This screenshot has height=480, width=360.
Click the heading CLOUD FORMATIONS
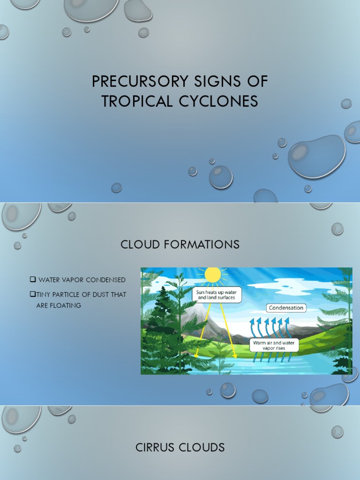coord(180,244)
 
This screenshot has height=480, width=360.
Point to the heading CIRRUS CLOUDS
coord(180,448)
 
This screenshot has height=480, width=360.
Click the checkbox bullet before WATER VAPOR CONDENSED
coord(33,280)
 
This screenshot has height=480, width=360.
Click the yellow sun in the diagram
coord(212,275)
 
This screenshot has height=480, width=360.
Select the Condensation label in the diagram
coord(286,308)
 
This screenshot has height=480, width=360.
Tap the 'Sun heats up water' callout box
coord(217,294)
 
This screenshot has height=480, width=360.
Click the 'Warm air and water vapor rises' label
coord(274,345)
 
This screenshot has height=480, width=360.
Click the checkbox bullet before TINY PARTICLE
coord(32,294)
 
